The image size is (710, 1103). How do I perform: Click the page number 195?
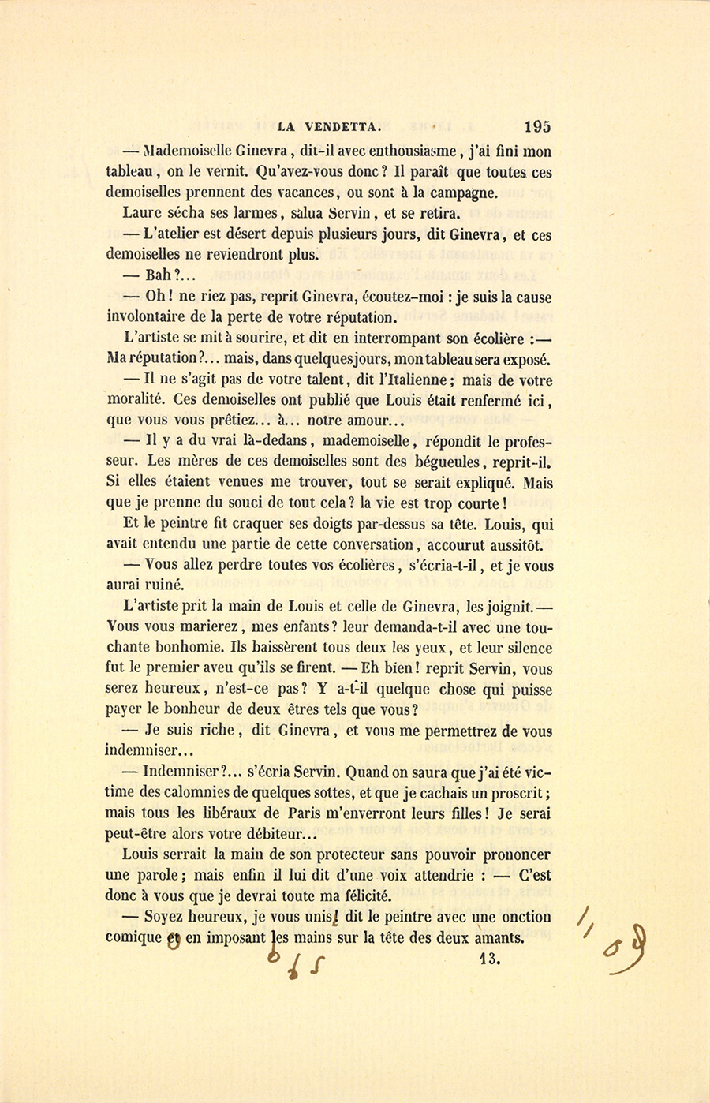536,126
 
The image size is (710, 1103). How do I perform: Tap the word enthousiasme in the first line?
406,151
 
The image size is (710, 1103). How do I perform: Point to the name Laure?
142,213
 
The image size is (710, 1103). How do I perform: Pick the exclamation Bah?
159,276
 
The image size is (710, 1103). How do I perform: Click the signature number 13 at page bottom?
489,959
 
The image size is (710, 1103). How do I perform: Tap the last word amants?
498,938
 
